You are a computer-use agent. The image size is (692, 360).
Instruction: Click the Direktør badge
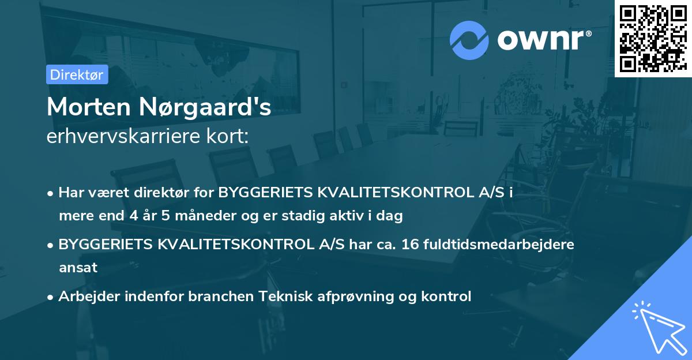tap(77, 74)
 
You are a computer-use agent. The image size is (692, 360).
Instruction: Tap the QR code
tap(653, 38)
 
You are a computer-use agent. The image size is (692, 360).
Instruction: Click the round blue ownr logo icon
tap(469, 40)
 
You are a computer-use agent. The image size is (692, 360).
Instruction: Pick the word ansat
tap(77, 268)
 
